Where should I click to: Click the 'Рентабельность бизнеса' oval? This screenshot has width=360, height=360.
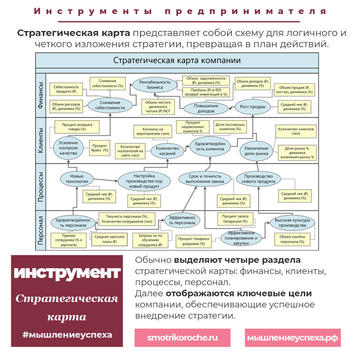click(x=155, y=85)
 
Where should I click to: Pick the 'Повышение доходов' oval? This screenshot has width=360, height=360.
click(x=206, y=108)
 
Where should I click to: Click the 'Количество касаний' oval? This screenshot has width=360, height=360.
click(x=165, y=151)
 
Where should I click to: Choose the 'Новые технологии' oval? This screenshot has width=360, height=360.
click(x=77, y=179)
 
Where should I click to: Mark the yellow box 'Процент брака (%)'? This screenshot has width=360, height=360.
click(x=99, y=147)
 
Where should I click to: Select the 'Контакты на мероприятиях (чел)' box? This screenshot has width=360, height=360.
click(x=153, y=131)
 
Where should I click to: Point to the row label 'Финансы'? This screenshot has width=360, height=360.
click(x=41, y=95)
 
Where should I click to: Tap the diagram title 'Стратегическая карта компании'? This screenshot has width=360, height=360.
click(x=177, y=60)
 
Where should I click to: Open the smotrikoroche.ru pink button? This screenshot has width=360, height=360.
click(x=183, y=338)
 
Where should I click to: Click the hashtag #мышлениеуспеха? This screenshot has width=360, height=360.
click(x=67, y=334)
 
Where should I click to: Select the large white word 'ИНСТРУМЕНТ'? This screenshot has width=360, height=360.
click(x=67, y=273)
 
